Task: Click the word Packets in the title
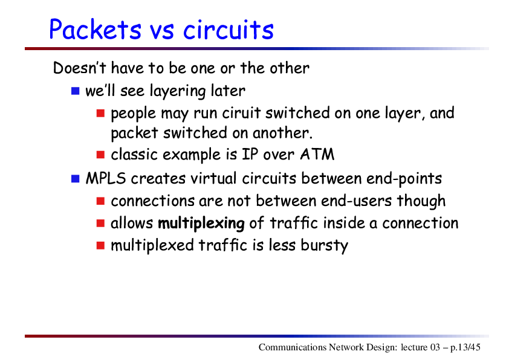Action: click(x=95, y=29)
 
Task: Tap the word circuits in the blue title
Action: click(x=229, y=29)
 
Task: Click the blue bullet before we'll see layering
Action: click(x=76, y=91)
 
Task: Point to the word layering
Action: click(x=178, y=91)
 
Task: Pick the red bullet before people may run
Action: click(x=100, y=113)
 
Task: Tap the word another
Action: click(x=282, y=133)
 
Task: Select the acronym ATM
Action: click(x=317, y=155)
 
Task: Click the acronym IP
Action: click(x=250, y=155)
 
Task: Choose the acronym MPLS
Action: click(x=106, y=178)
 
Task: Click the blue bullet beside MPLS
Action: click(x=76, y=179)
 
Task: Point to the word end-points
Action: click(x=404, y=179)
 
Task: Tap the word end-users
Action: click(x=357, y=201)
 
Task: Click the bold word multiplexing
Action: click(x=201, y=223)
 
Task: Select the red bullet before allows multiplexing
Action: click(x=100, y=223)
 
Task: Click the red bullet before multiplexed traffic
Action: click(x=100, y=245)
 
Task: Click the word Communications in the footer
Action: click(x=293, y=347)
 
